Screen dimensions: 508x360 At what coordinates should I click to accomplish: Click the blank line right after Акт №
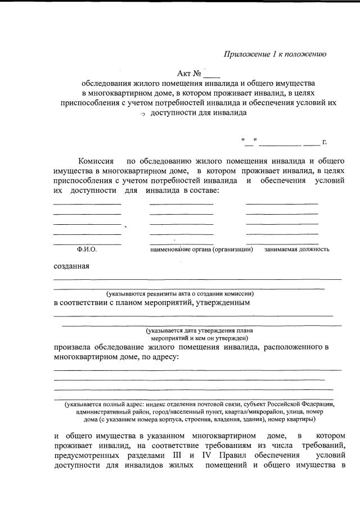(212, 74)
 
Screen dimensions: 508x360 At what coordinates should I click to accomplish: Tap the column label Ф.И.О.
(87, 249)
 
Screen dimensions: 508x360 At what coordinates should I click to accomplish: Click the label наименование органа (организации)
(201, 249)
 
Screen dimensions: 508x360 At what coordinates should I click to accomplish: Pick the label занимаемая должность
(296, 249)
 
